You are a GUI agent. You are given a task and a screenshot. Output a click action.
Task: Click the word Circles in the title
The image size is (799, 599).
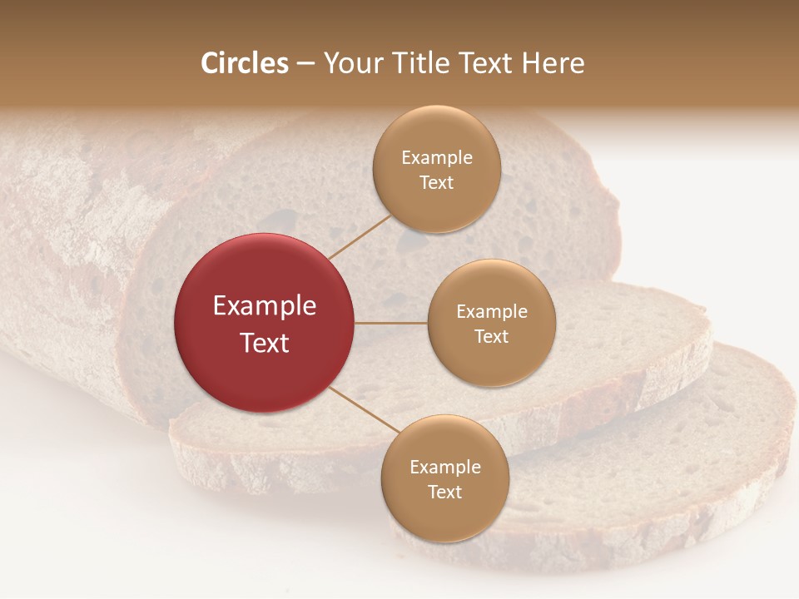(244, 63)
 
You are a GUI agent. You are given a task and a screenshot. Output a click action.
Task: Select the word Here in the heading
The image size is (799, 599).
(553, 63)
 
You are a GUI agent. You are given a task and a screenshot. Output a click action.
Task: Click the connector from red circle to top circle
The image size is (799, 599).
(360, 236)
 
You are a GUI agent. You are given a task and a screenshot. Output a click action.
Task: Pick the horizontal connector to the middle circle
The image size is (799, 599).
(391, 323)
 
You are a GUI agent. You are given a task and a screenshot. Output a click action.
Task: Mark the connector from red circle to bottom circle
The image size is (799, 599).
(364, 410)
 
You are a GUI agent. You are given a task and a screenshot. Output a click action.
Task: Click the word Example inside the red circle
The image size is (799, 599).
(265, 306)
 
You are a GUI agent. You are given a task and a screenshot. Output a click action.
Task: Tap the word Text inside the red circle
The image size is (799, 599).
(265, 343)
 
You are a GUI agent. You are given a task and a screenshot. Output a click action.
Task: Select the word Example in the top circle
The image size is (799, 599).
(437, 158)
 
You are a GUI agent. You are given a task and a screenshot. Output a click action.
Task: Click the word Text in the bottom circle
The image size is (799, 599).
(444, 493)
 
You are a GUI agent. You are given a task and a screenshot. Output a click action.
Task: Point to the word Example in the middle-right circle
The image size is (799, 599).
(492, 312)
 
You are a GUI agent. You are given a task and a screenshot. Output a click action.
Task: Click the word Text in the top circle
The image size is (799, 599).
(437, 183)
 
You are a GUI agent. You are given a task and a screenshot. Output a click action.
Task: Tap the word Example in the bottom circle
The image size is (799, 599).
(444, 468)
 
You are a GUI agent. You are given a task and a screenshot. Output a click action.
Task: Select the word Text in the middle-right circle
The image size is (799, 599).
(492, 337)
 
